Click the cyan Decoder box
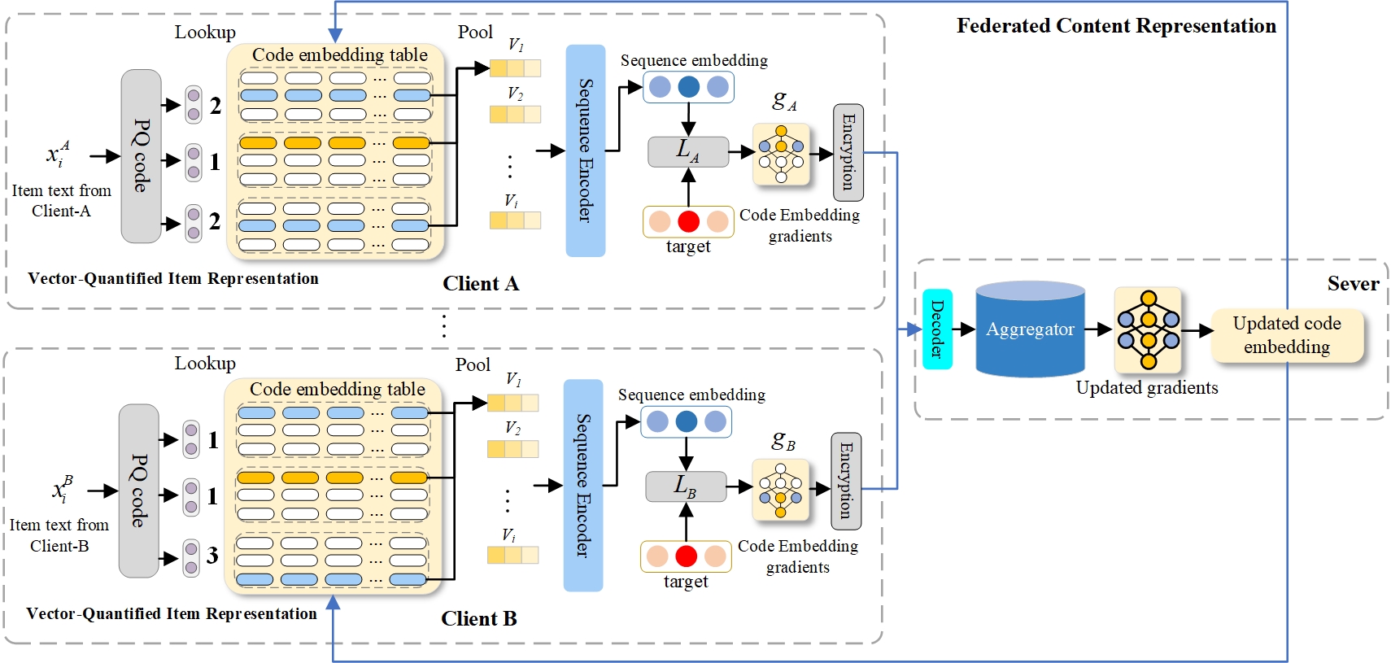point(937,329)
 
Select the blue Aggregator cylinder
point(1030,329)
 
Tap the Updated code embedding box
point(1286,335)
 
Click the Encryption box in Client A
point(848,152)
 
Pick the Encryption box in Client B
point(845,481)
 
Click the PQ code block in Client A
point(141,156)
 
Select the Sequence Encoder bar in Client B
point(582,485)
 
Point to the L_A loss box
point(687,151)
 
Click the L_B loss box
point(685,486)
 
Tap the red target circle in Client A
point(688,221)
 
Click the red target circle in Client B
point(686,556)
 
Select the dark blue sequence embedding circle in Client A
point(688,87)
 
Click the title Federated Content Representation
point(1116,26)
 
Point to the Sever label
point(1353,284)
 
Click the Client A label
point(480,284)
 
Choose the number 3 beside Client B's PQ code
point(212,556)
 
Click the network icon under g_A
point(781,155)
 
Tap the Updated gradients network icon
point(1148,329)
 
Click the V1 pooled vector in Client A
point(515,68)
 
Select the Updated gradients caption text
point(1147,388)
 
